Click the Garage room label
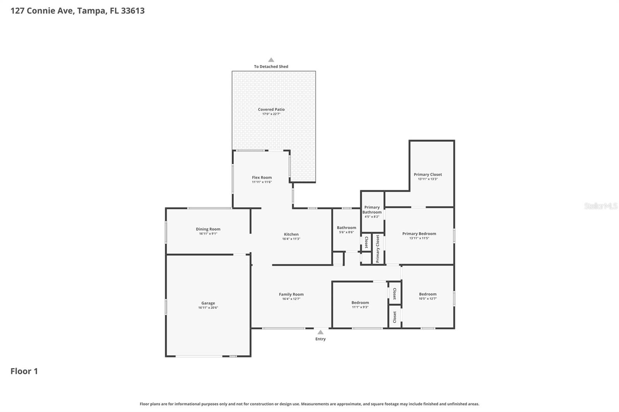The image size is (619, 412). point(208,303)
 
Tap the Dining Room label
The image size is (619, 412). point(208,229)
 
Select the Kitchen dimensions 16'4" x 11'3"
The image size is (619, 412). point(291,239)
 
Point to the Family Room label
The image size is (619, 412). point(291,295)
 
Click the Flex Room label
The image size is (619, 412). point(262,177)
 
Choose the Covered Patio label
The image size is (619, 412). point(271,109)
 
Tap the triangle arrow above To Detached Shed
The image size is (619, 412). point(271,60)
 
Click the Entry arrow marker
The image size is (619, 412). point(320,332)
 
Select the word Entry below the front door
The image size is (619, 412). point(320,339)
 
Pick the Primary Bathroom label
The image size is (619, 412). point(372,209)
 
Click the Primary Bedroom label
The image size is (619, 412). point(419,233)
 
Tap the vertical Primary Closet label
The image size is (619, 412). point(378,249)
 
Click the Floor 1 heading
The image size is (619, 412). point(24,371)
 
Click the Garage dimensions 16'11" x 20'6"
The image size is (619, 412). point(208,308)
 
